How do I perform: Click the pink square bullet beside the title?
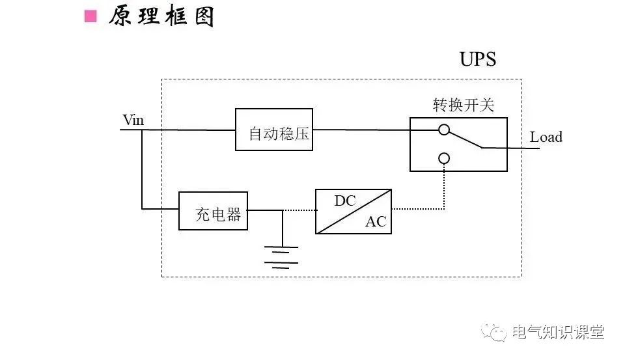[90, 16]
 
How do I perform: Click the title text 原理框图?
[161, 16]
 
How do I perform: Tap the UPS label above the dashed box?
[477, 59]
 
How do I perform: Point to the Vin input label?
[133, 120]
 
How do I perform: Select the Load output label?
[546, 137]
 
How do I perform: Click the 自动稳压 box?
[273, 130]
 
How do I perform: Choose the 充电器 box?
[214, 210]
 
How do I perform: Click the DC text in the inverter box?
[345, 201]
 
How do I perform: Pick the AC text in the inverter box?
[375, 222]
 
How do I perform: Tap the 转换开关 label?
[458, 105]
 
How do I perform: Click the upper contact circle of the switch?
[444, 130]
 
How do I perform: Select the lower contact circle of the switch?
[444, 158]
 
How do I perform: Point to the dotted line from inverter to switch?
[423, 210]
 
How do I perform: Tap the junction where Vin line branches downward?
[142, 130]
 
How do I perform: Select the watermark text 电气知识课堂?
[558, 333]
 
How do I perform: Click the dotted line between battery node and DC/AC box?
[299, 210]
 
